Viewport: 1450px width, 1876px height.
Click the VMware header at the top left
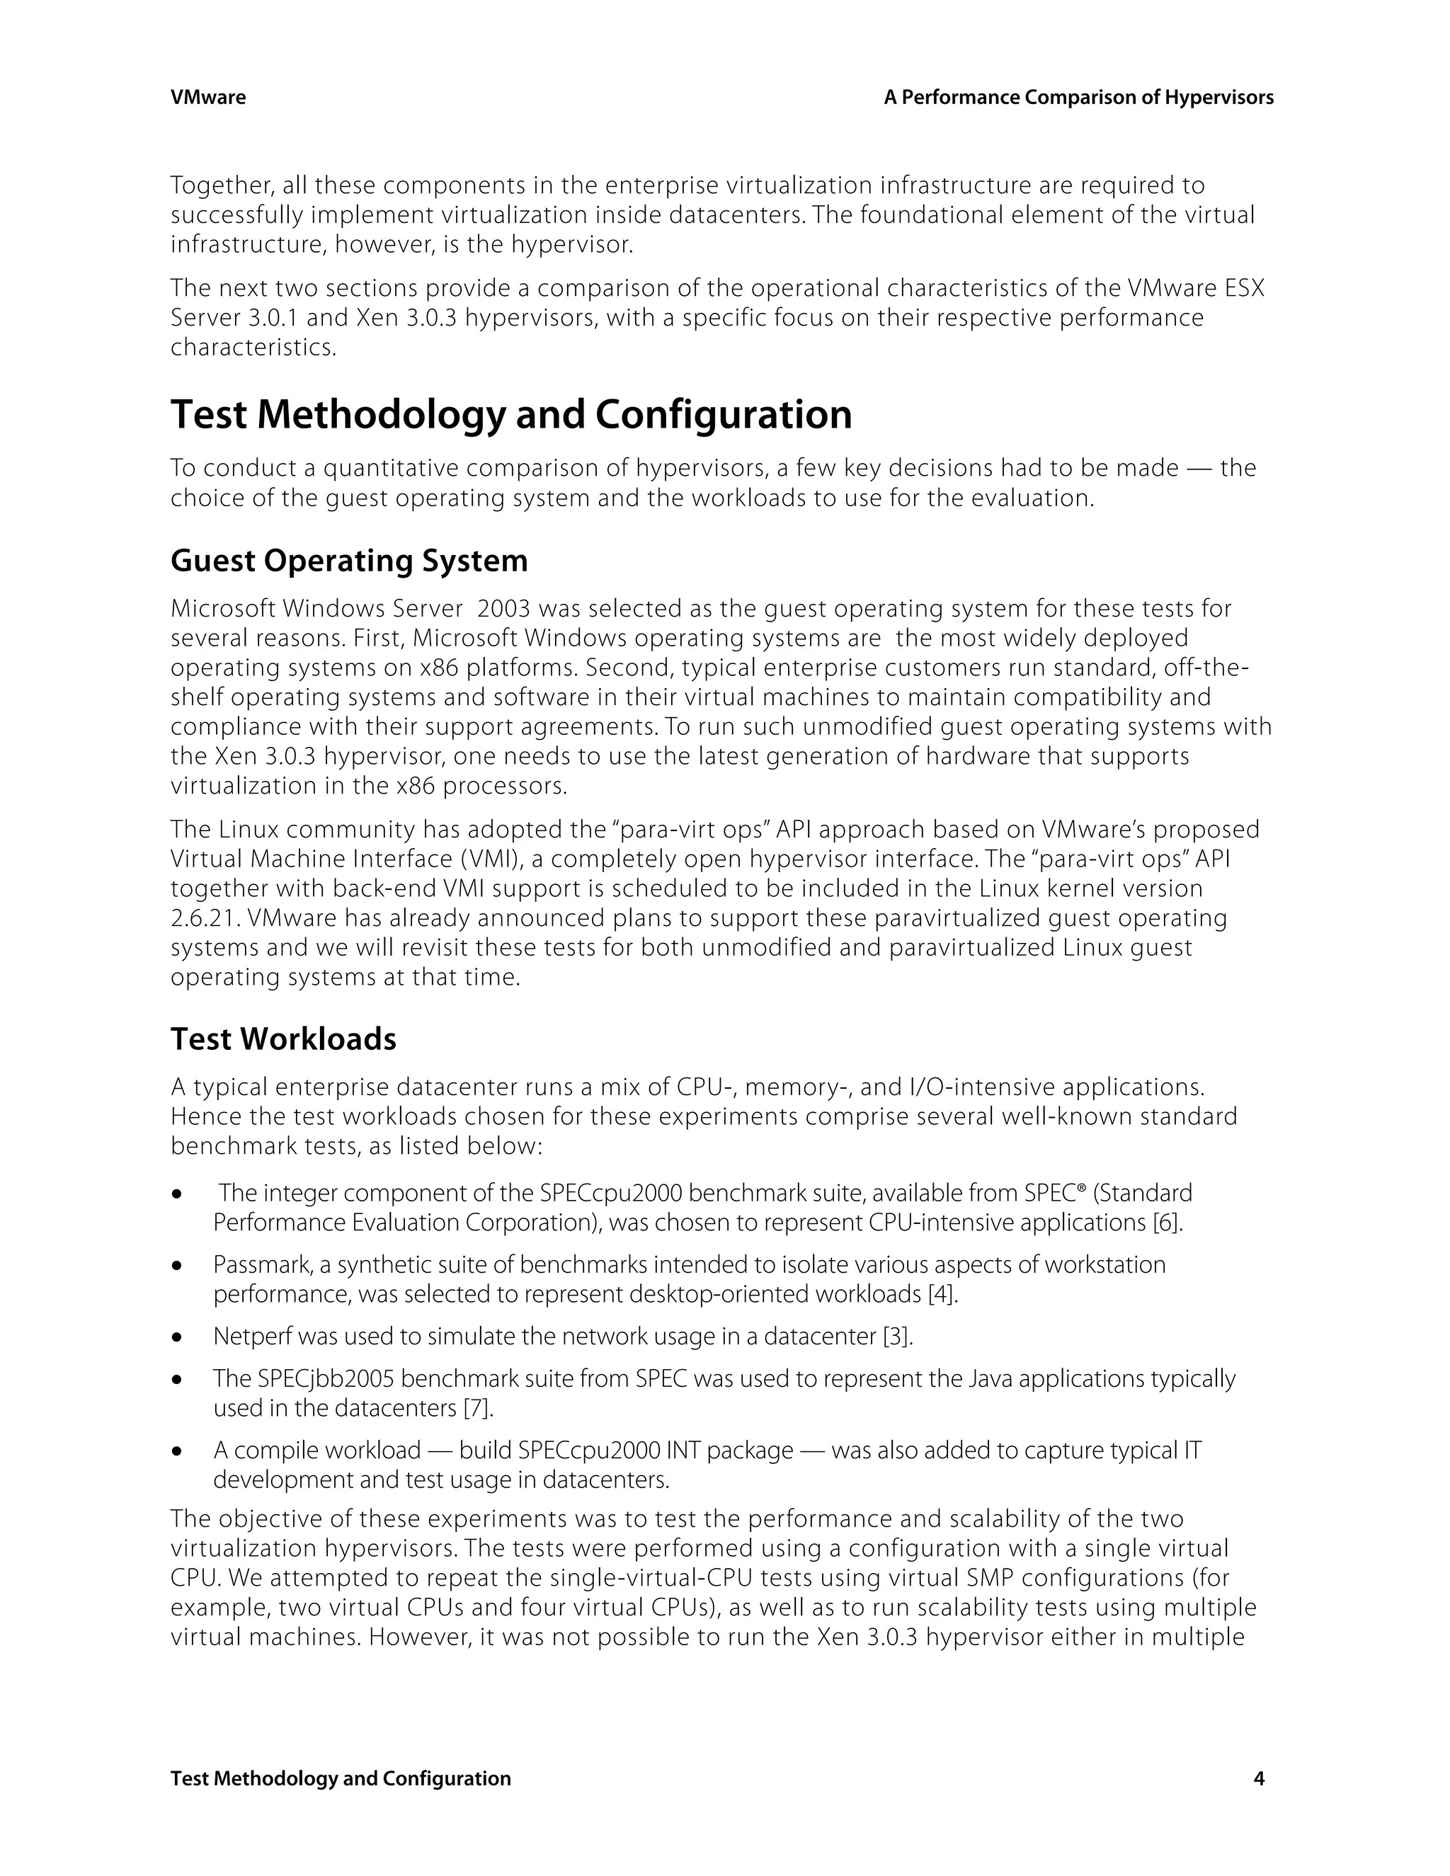coord(208,98)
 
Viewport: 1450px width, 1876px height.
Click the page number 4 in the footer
coord(1258,1778)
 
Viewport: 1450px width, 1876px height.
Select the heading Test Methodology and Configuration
coord(511,415)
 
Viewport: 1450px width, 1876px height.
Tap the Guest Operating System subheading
coord(349,561)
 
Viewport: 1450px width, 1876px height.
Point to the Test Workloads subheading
coord(283,1039)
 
